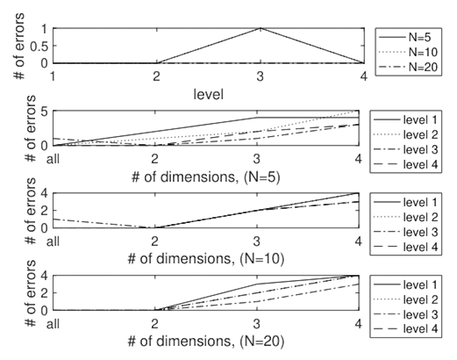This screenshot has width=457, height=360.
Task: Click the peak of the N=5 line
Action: coord(260,28)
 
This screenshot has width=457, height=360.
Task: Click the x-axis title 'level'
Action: coord(208,94)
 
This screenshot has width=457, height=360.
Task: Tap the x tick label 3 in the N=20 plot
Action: coord(257,324)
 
